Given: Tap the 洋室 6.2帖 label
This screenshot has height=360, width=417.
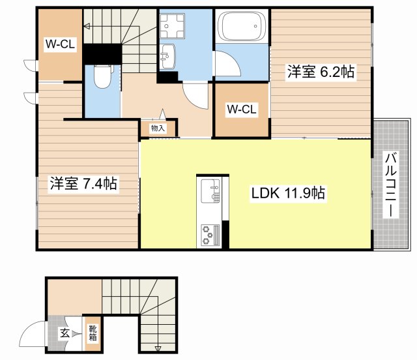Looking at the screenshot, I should coord(321,72).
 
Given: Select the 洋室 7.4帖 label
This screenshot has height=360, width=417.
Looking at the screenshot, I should coord(83,185).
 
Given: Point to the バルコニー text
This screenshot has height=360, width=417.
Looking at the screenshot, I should coord(391,185).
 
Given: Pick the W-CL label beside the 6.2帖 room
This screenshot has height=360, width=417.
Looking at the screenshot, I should coord(241,110).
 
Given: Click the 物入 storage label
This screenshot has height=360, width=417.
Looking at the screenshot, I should coord(158,128).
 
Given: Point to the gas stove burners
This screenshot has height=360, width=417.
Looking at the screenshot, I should coord(210,234).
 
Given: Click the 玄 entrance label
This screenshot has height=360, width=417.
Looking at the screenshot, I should coord(65,333).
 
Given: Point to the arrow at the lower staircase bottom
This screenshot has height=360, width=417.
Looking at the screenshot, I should coord(158,348).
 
